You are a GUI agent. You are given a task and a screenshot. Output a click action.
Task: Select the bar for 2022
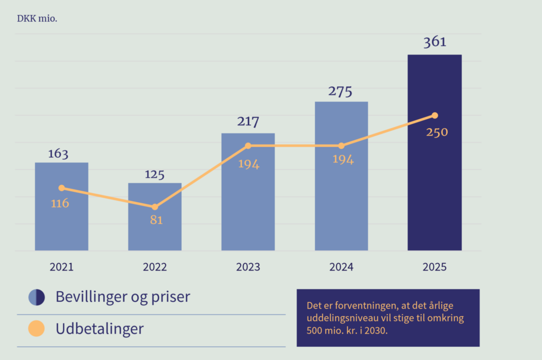coord(155,228)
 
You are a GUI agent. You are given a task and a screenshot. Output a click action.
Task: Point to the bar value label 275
coord(340,91)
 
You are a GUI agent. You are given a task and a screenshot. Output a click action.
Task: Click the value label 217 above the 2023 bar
coord(248,122)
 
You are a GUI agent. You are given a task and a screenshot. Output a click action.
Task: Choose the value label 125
coord(155,175)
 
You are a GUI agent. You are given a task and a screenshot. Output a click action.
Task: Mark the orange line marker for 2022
coord(155,207)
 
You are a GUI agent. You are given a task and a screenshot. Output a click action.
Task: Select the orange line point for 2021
coord(62,188)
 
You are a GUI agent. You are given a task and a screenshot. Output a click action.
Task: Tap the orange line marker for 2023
coord(248,146)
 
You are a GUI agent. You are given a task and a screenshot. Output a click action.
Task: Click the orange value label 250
coord(437,132)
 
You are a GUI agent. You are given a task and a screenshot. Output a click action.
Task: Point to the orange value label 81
coord(156,220)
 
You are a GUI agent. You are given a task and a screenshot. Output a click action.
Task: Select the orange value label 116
coord(60,203)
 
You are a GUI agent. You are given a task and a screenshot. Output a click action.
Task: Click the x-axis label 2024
coord(341,267)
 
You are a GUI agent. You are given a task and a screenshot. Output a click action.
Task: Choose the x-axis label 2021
coord(61,267)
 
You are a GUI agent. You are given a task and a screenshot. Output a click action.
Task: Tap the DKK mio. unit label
coord(37,20)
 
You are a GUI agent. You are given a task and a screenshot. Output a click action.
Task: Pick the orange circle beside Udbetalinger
coord(37,329)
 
